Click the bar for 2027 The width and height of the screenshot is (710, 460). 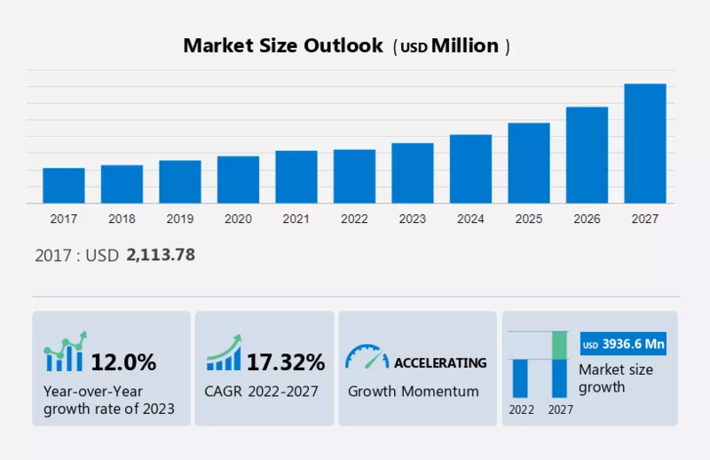[x=645, y=144]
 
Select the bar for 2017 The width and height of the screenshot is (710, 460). [x=64, y=186]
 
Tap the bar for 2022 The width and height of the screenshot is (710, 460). [x=354, y=177]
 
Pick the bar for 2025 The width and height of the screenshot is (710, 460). [x=529, y=163]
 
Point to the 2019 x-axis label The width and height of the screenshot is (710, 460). [x=180, y=218]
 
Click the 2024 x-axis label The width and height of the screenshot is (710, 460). [x=470, y=218]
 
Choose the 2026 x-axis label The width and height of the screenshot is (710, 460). [x=587, y=218]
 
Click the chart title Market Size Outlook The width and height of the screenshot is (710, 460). [x=283, y=45]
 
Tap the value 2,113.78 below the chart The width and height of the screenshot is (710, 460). [x=161, y=255]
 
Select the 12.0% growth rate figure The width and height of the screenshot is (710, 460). [x=123, y=362]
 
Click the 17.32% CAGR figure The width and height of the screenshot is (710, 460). [x=285, y=362]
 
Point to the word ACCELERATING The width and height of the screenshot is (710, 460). [x=440, y=362]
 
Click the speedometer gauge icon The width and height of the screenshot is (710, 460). [x=367, y=357]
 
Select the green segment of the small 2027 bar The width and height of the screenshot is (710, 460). [x=559, y=345]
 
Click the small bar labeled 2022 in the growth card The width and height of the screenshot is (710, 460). [x=520, y=378]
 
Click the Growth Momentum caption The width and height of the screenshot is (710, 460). [x=413, y=391]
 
